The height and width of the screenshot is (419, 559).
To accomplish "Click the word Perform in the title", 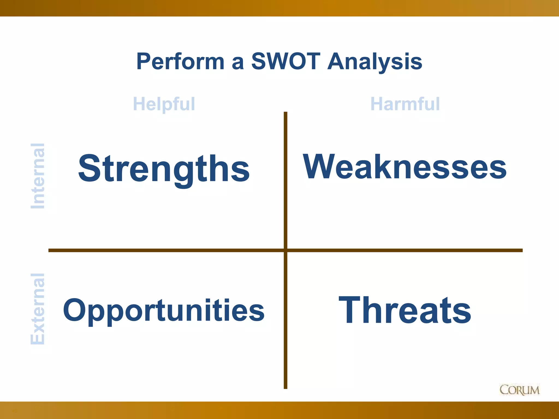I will (x=180, y=61).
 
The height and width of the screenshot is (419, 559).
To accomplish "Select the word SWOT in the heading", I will (x=286, y=61).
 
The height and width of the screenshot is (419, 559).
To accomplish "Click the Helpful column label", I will (x=164, y=104).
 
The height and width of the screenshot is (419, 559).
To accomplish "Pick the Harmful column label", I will (x=405, y=104).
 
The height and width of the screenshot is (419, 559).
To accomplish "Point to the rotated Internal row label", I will (x=37, y=176).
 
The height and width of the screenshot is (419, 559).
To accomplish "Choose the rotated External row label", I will (x=37, y=309).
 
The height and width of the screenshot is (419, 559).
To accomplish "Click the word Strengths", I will (x=164, y=168).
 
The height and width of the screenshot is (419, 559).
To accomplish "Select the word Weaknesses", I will (x=405, y=167).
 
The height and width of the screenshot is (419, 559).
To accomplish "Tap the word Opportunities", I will (x=164, y=310).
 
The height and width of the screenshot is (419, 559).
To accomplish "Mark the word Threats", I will (x=405, y=310).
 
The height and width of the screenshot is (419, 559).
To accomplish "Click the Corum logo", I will (x=519, y=390).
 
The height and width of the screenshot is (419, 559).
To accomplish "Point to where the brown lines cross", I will (x=286, y=250).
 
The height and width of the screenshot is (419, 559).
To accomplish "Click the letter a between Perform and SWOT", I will (x=237, y=63).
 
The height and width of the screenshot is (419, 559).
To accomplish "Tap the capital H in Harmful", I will (x=377, y=104).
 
